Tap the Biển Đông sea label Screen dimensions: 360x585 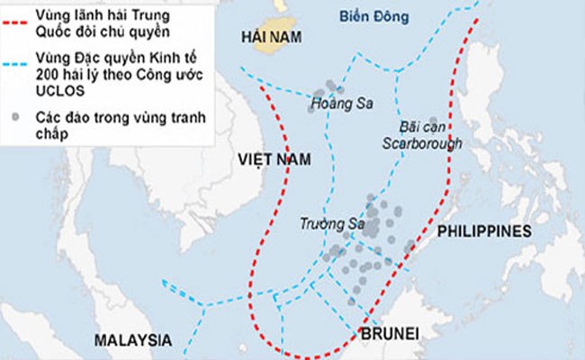click(373, 15)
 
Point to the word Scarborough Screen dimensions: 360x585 click(422, 143)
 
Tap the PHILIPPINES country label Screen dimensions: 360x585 click(484, 231)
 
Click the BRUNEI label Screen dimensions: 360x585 click(391, 334)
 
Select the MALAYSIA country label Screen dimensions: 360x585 click(132, 341)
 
